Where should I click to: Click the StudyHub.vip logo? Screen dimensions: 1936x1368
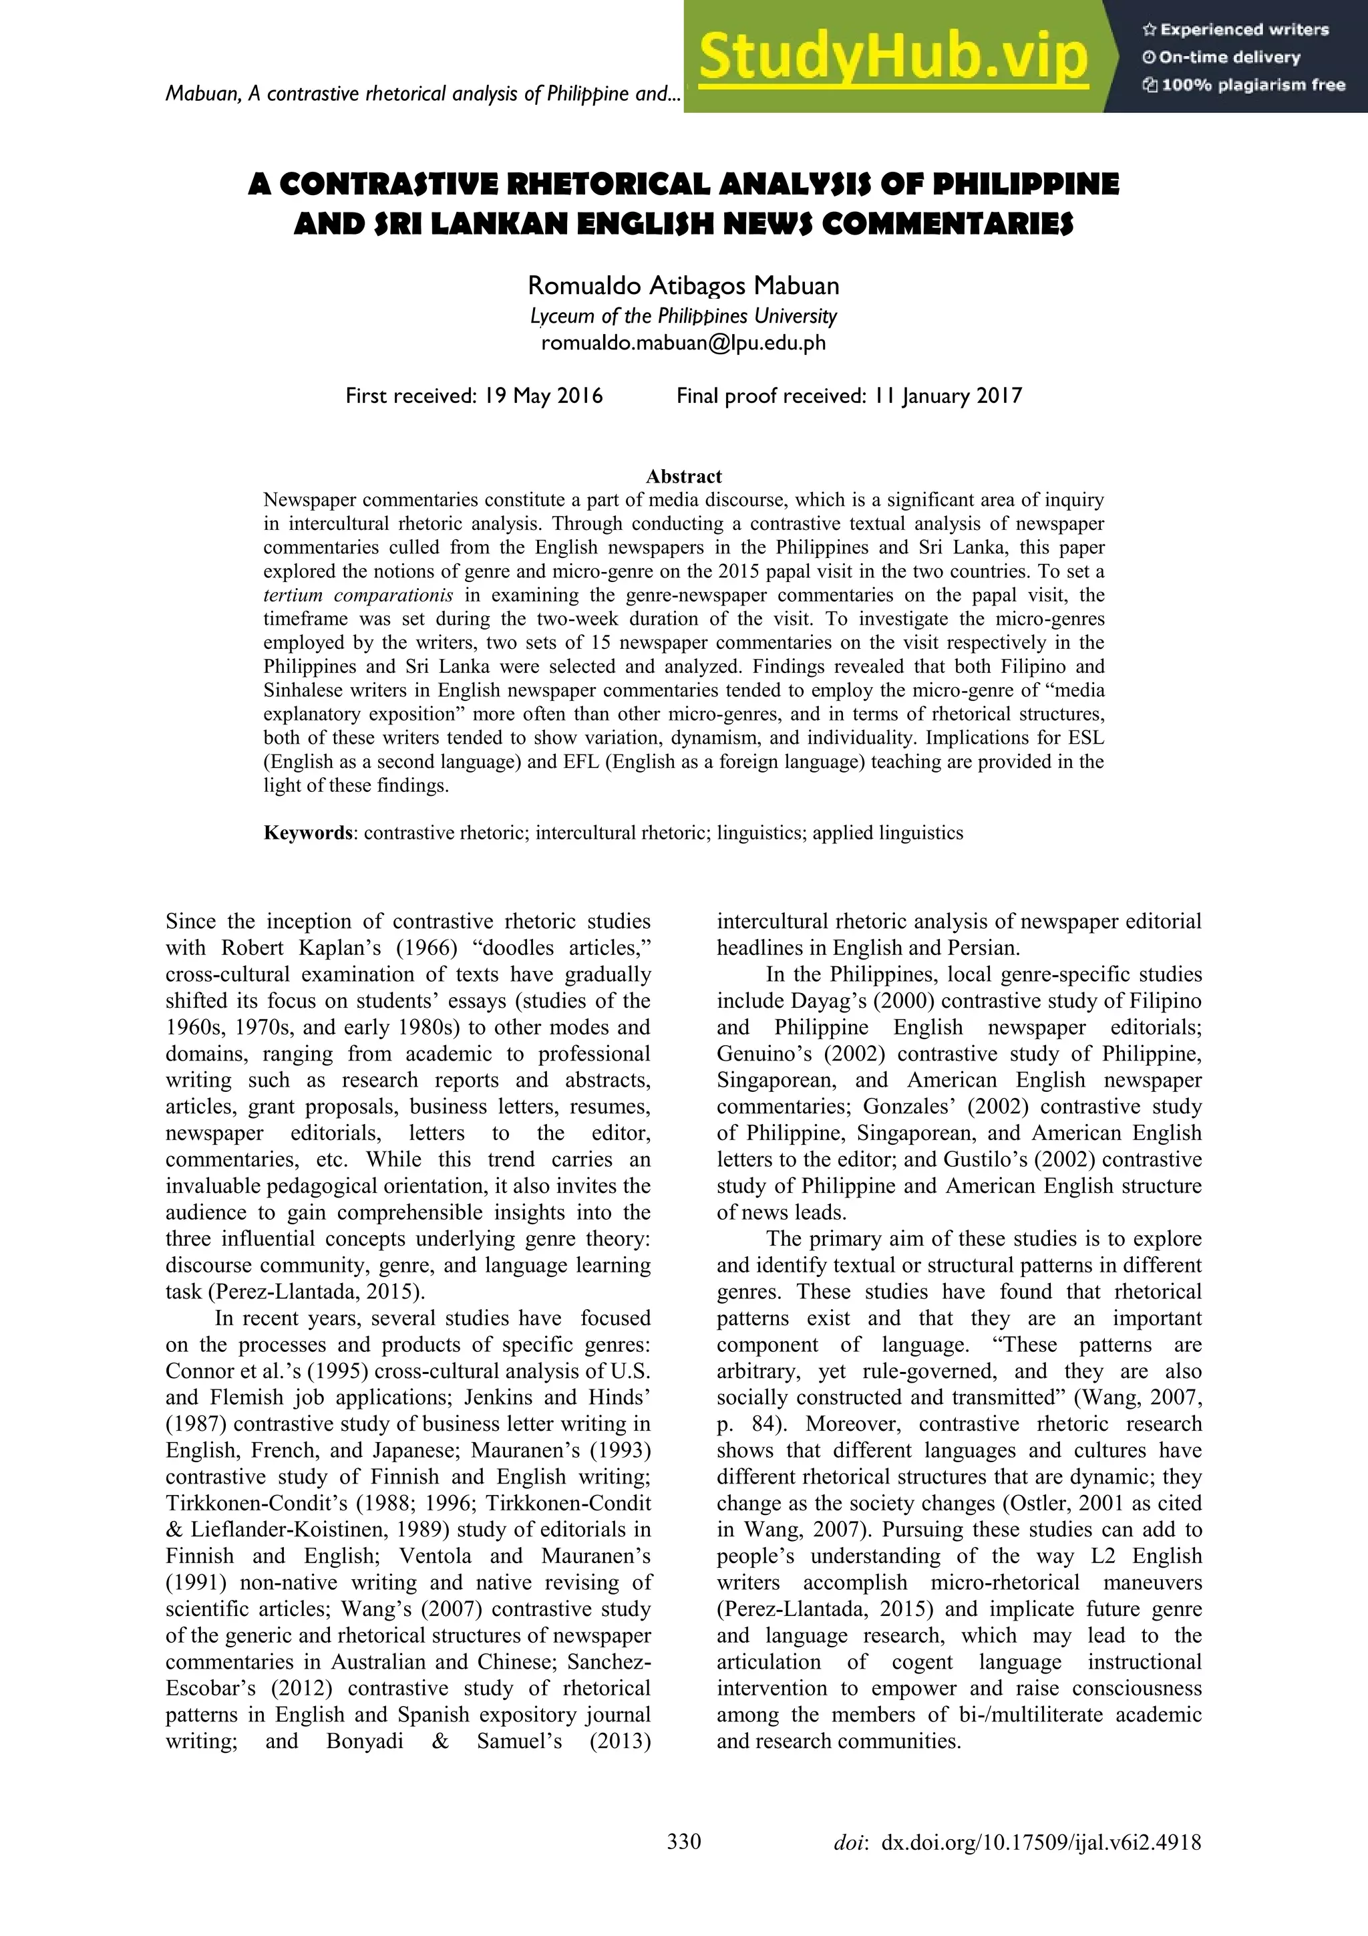click(894, 57)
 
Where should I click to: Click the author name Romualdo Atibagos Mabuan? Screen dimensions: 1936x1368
click(683, 286)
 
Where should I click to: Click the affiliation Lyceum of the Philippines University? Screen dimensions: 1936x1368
click(683, 316)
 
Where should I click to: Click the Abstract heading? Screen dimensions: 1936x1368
click(683, 476)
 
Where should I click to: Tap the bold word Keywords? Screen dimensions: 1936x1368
click(308, 833)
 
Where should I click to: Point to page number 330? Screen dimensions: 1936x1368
click(683, 1864)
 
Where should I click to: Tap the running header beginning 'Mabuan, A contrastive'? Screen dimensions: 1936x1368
click(421, 94)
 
